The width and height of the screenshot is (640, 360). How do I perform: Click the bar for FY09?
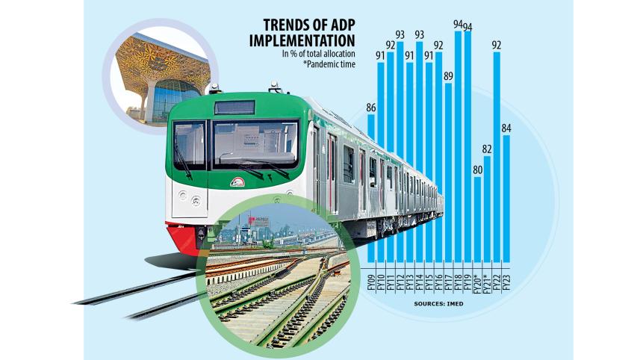371,187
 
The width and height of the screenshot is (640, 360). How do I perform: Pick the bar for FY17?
448,172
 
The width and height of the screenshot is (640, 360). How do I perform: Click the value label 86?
371,108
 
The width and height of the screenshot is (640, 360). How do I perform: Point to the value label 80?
477,169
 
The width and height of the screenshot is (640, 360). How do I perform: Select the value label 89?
448,75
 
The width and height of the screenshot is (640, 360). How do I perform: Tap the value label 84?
506,128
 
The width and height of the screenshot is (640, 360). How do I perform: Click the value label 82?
487,149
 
